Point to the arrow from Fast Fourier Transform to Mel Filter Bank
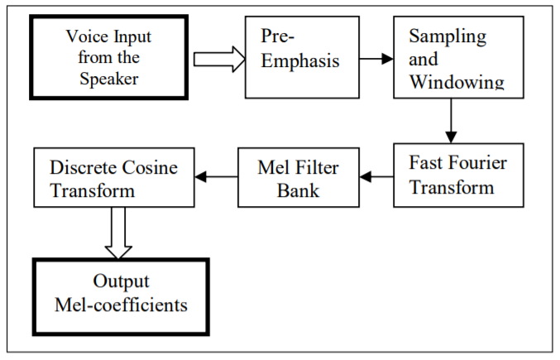tap(377, 176)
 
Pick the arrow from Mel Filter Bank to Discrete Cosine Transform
tap(218, 176)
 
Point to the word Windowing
tap(457, 82)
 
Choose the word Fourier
tap(477, 163)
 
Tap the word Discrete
tap(84, 167)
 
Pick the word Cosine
tap(153, 167)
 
